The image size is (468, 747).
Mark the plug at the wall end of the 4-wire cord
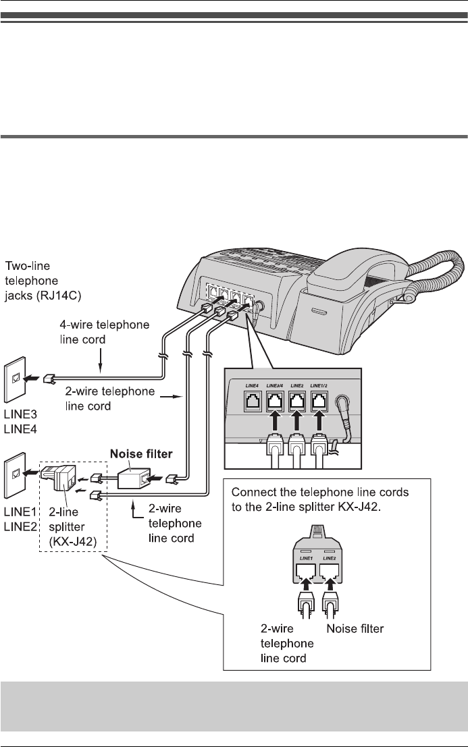[x=49, y=379]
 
